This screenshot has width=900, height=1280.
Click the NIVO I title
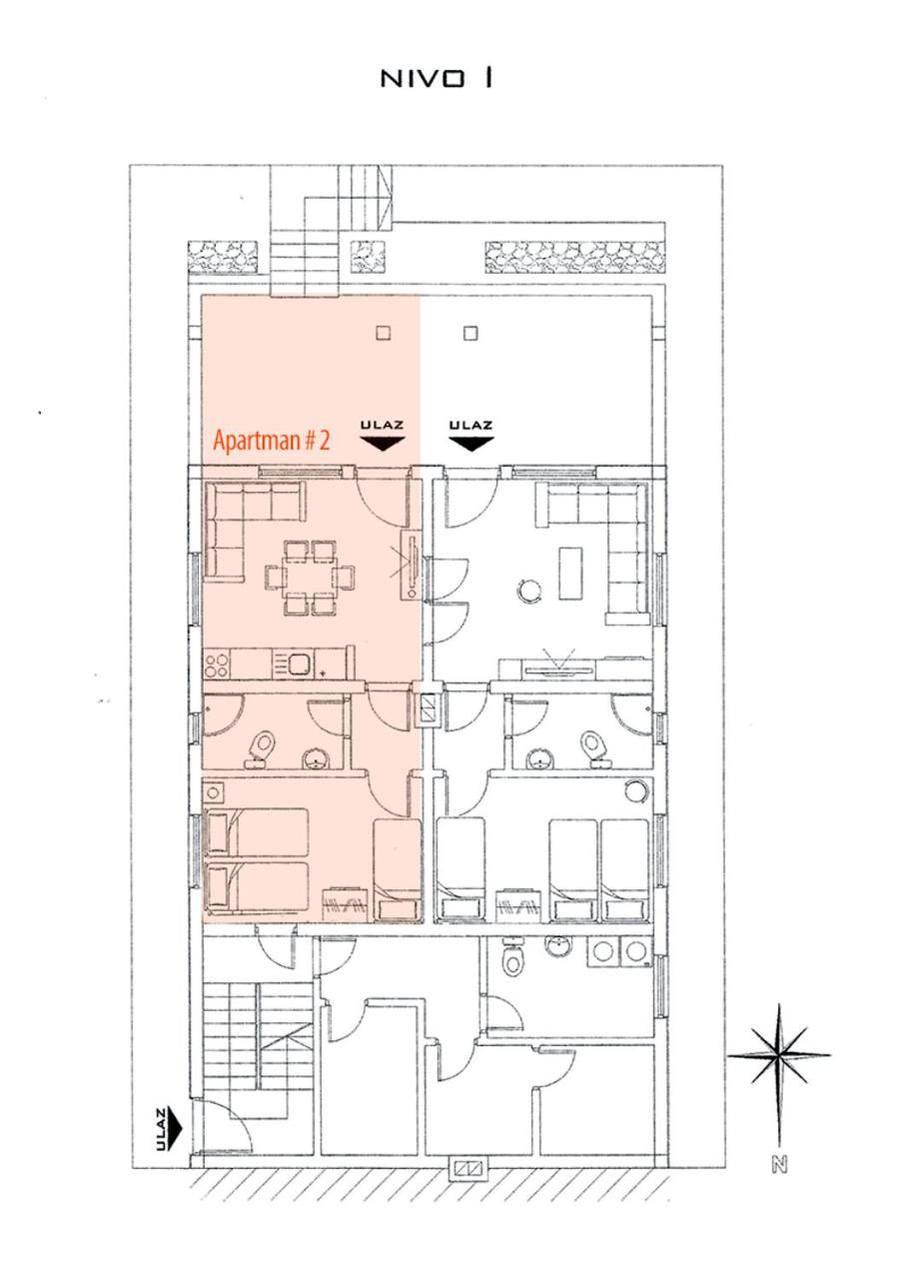pos(436,79)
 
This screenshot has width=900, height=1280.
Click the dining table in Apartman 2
pos(309,578)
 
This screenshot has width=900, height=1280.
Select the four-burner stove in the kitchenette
pos(218,663)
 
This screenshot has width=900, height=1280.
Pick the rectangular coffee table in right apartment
pos(571,573)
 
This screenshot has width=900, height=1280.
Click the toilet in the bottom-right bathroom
pos(512,960)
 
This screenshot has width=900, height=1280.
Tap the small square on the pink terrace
pos(383,333)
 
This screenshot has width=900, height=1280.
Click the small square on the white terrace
pos(470,333)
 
